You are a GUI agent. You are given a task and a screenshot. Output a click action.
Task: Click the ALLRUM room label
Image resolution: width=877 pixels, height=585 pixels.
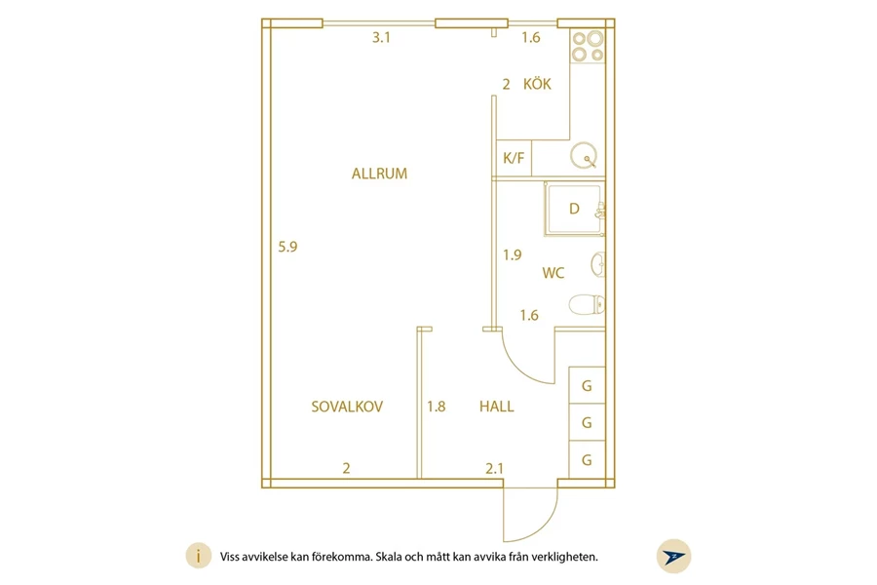(379, 175)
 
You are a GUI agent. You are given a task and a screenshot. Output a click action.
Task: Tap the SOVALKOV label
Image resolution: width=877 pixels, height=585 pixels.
(347, 407)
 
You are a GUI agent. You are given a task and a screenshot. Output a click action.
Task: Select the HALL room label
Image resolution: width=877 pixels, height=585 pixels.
(496, 407)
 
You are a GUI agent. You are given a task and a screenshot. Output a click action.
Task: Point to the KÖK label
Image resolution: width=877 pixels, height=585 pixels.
(537, 85)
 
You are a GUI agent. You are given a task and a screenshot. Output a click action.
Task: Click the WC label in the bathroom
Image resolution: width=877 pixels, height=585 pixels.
(553, 273)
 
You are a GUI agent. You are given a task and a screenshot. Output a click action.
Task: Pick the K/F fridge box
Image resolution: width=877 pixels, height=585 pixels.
(513, 157)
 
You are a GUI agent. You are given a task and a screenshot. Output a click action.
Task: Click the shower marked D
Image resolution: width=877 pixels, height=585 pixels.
(573, 209)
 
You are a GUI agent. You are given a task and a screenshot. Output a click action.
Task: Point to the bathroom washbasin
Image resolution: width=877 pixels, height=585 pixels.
(597, 264)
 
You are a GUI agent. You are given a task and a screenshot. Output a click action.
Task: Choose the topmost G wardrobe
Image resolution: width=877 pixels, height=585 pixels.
(587, 385)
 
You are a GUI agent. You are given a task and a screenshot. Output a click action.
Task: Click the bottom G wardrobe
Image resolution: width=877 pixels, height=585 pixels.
(587, 460)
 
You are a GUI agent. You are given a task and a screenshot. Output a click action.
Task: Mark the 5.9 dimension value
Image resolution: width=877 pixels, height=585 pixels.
(287, 247)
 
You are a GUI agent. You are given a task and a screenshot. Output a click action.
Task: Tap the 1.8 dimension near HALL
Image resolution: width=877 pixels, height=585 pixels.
(436, 407)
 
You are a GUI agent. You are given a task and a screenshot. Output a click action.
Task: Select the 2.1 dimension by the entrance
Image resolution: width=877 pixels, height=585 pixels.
(495, 468)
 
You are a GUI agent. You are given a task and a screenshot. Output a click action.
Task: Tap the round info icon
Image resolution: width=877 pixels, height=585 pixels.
(198, 557)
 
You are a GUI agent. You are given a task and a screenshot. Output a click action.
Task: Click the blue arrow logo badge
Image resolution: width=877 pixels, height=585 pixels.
(672, 556)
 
